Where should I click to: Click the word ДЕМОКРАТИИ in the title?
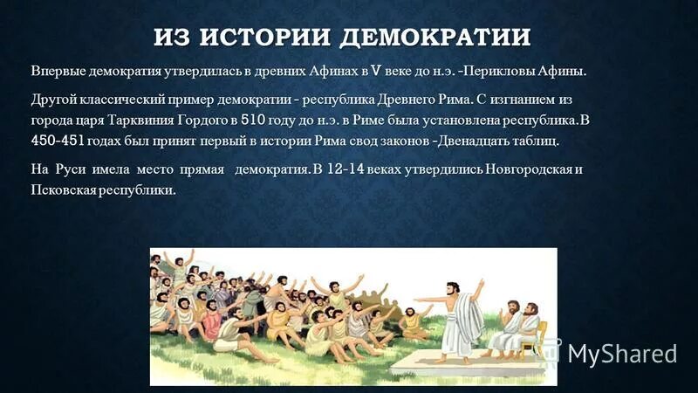click(x=435, y=38)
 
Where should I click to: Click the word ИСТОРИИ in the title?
click(x=267, y=38)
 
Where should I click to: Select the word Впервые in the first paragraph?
click(x=59, y=71)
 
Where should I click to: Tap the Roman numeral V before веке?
click(x=376, y=71)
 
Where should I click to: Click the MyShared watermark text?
click(x=622, y=353)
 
